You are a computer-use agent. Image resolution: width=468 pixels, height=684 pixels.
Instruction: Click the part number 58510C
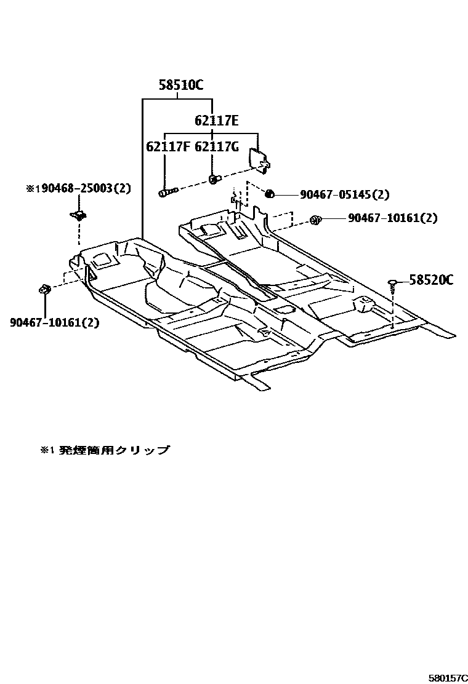[x=180, y=86]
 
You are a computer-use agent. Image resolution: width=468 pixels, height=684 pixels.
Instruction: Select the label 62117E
[x=216, y=121]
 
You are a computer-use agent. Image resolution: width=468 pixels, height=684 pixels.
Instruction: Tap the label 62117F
[x=167, y=148]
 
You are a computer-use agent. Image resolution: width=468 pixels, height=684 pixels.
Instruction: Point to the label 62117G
[x=217, y=148]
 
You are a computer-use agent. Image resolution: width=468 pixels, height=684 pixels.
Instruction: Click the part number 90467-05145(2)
[x=344, y=195]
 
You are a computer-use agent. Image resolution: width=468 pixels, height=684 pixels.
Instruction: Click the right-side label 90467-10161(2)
[x=392, y=218]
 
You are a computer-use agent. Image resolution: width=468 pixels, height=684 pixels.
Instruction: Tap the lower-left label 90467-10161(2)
[x=54, y=322]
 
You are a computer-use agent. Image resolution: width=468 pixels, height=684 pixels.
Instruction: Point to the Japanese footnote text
[x=105, y=450]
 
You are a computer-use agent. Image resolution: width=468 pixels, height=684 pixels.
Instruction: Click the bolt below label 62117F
[x=167, y=193]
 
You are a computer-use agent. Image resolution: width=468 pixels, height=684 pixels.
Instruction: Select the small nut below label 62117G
[x=213, y=179]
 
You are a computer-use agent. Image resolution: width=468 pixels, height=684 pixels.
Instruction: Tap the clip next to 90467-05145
[x=269, y=195]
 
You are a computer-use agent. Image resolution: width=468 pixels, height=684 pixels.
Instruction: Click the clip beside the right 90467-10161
[x=315, y=219]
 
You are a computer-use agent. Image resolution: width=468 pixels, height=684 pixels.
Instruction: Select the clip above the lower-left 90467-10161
[x=44, y=289]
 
